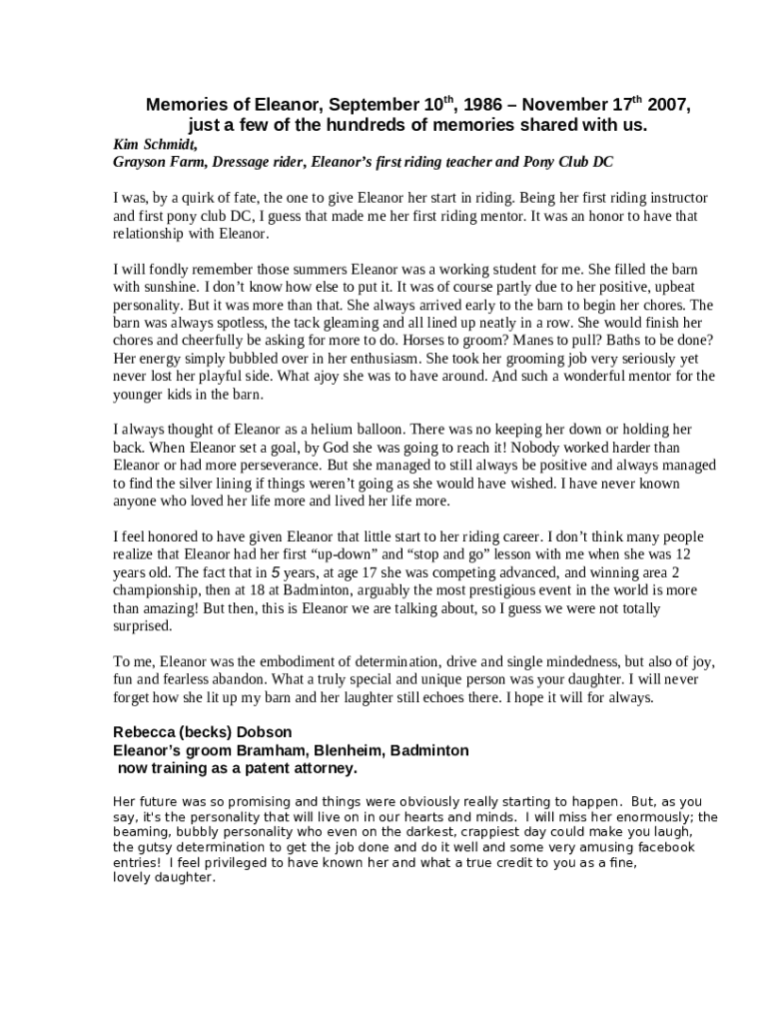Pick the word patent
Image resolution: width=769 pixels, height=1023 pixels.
coord(247,768)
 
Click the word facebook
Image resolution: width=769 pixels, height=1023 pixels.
coord(662,847)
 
